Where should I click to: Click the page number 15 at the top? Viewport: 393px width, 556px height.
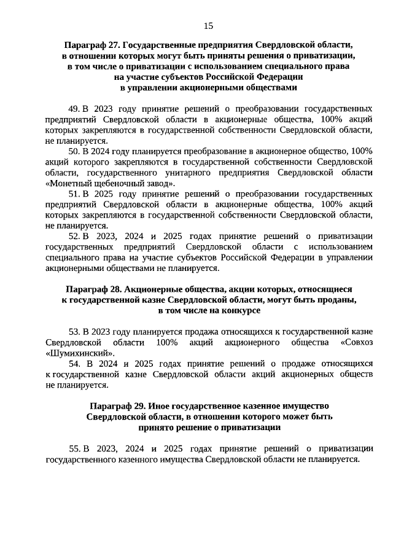[x=208, y=25]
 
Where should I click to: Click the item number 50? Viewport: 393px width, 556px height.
[x=74, y=151]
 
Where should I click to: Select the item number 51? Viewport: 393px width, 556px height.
[x=74, y=193]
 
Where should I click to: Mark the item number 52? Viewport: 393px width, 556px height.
[x=74, y=235]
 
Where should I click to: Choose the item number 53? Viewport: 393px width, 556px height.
[x=74, y=331]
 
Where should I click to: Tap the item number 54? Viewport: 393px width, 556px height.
[x=74, y=364]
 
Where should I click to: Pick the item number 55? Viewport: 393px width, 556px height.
[x=74, y=448]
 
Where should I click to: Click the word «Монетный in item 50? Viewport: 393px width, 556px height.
[x=69, y=182]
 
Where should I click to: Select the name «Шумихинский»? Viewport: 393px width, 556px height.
[x=80, y=353]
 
